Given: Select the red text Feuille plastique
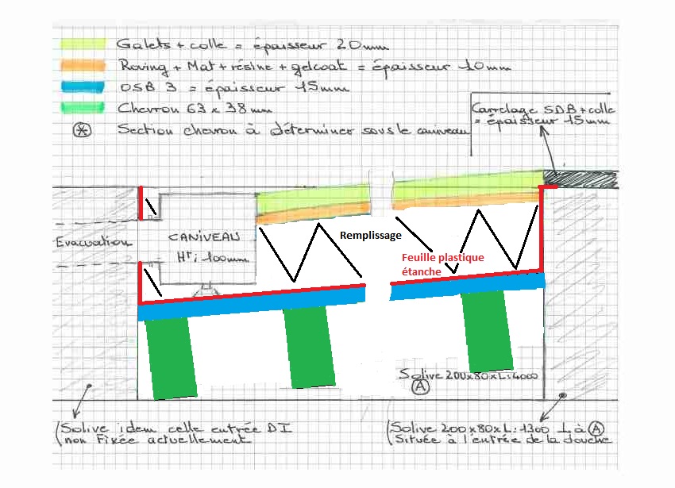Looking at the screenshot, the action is point(442,258).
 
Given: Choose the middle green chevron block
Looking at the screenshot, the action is point(307,348).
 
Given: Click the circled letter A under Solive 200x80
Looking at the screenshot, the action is point(422,387).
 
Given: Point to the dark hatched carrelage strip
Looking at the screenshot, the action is point(583,179).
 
